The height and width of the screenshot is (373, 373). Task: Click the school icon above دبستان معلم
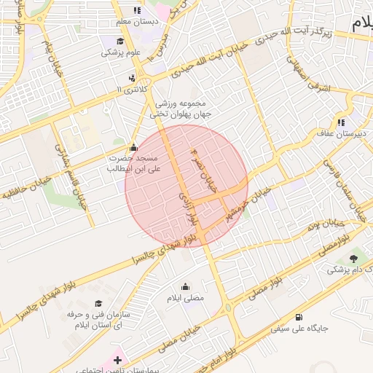(x=136, y=10)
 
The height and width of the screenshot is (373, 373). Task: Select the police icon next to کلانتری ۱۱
(x=131, y=77)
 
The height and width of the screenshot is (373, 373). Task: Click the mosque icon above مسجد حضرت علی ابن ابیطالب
(x=133, y=146)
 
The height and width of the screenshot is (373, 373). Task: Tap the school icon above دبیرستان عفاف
(x=340, y=122)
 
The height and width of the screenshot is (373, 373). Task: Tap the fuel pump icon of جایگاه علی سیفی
(x=299, y=317)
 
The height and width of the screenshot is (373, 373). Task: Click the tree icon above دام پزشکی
(x=354, y=258)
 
